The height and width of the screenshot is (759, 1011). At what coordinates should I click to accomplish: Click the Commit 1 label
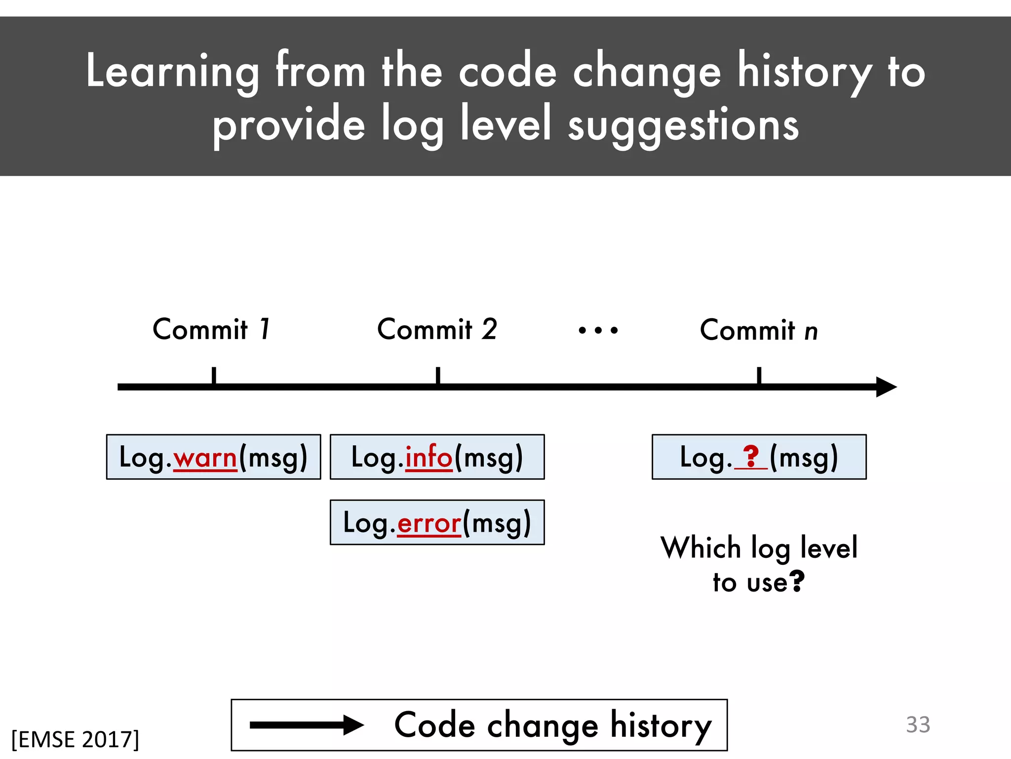pos(212,330)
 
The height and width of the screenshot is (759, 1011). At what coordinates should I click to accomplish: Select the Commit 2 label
pos(437,330)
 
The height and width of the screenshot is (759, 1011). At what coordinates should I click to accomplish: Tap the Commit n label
pos(759,331)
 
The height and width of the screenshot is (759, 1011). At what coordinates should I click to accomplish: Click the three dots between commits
pos(598,330)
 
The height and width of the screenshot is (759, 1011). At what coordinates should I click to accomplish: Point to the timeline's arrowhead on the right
pos(886,387)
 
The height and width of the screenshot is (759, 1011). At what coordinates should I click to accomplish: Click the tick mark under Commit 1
pos(214,376)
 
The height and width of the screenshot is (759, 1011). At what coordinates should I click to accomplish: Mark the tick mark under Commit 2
pos(438,376)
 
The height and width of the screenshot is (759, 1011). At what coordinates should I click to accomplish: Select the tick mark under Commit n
pos(759,376)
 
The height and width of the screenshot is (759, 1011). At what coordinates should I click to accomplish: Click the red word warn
pos(205,458)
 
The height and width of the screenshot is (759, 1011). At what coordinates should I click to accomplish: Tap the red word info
pos(428,457)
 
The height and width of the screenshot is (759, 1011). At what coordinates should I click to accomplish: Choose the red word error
pos(429,523)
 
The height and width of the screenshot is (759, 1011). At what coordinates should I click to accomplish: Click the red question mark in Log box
pos(751,456)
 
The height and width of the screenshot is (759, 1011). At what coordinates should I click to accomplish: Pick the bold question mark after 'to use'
pos(797,581)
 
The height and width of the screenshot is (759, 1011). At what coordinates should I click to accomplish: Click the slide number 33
pos(918,725)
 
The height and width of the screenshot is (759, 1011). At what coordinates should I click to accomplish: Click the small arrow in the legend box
pos(307,725)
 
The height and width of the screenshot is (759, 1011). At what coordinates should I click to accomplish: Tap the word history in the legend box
pos(661,726)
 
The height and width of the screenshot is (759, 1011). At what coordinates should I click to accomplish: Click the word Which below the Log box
pos(700,548)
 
